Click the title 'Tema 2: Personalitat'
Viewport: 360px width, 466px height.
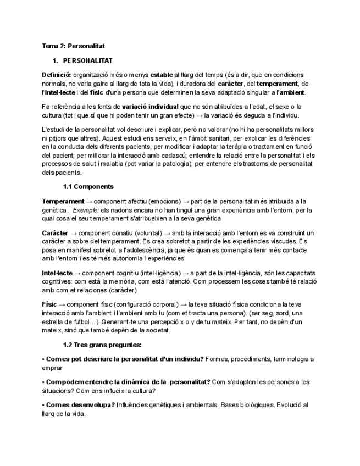tap(74, 47)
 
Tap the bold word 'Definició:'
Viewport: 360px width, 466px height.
tap(56, 75)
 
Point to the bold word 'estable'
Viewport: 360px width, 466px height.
tap(162, 75)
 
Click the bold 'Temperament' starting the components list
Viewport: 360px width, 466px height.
tap(63, 202)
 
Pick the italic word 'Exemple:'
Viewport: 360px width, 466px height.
tap(85, 210)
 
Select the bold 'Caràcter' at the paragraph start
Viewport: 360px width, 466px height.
tap(56, 233)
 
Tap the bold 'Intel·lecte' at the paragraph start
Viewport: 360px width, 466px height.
tap(57, 273)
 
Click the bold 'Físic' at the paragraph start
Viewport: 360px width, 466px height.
tap(49, 304)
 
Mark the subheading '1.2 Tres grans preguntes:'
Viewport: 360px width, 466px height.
tap(102, 345)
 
